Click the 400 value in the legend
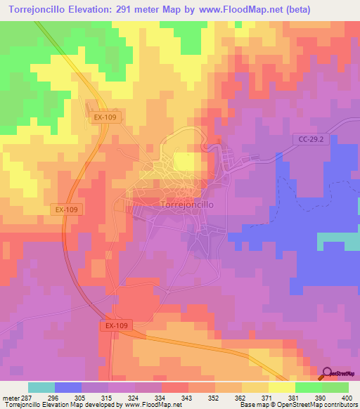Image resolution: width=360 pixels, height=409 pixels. pyautogui.click(x=345, y=397)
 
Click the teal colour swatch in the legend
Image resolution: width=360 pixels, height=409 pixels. pyautogui.click(x=41, y=387)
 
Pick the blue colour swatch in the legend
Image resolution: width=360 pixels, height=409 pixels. pyautogui.click(x=67, y=387)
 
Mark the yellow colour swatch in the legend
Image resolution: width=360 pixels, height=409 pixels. pyautogui.click(x=281, y=387)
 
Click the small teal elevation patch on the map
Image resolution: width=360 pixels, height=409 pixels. pyautogui.click(x=338, y=240)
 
